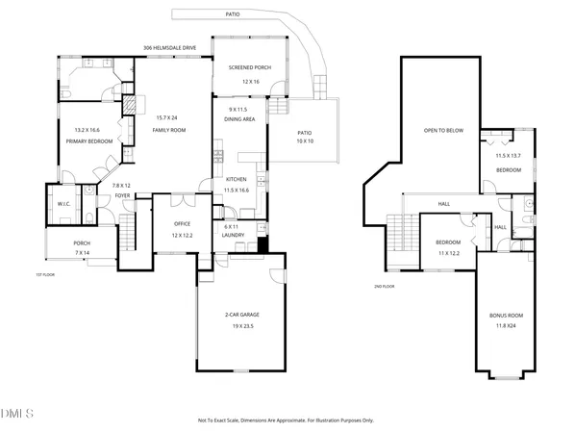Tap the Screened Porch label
[x=247, y=67]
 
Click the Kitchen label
[x=237, y=180]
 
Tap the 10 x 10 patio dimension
[x=304, y=140]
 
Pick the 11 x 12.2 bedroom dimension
[x=448, y=252]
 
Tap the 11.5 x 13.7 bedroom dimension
[x=508, y=155]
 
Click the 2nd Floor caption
[x=385, y=287]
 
